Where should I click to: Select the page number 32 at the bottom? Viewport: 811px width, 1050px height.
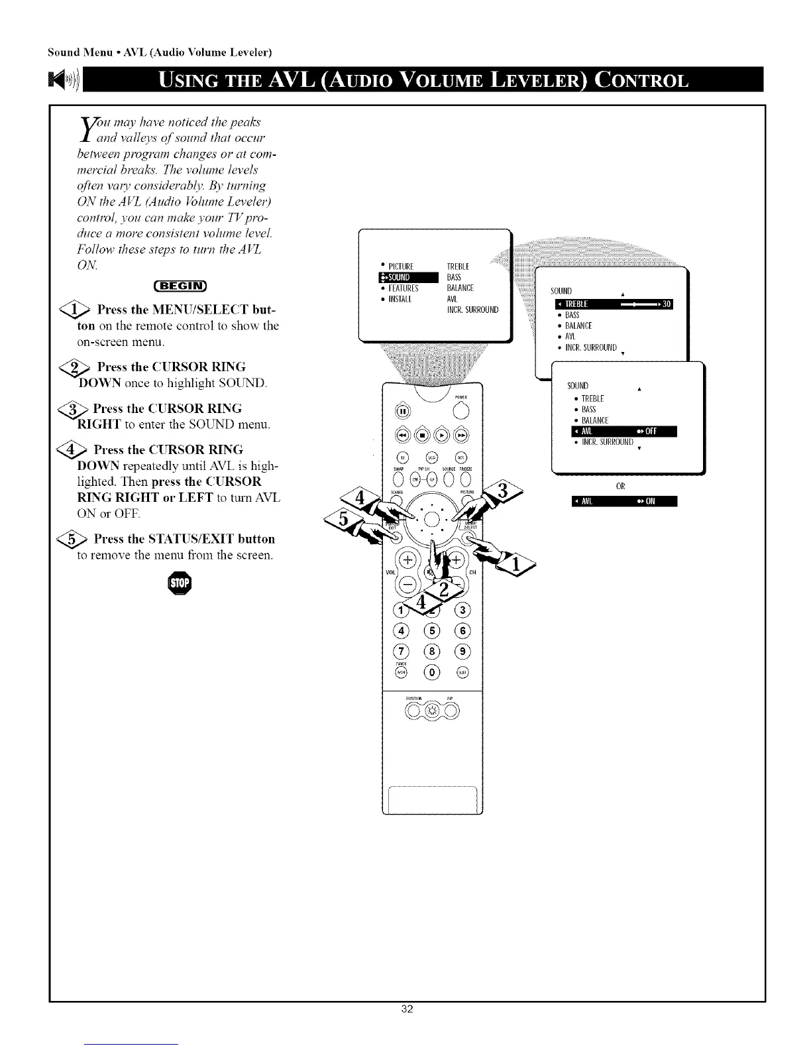[407, 1027]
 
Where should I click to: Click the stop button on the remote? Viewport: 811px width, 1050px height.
[421, 435]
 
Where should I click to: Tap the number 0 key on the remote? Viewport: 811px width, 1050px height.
[433, 672]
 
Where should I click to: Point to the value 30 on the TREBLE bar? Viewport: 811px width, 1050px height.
[667, 304]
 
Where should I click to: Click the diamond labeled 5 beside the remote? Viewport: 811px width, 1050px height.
[345, 521]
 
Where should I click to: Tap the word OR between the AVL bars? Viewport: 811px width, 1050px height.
[620, 486]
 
